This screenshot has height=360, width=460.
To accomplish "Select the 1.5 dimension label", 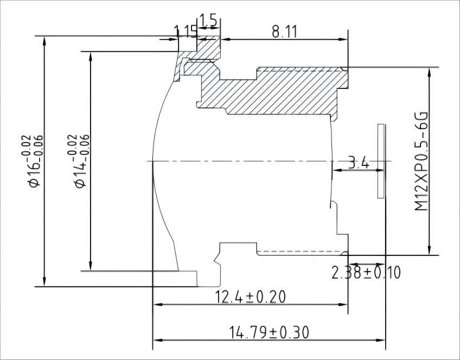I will click(x=208, y=21).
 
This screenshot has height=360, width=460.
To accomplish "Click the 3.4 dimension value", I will click(x=358, y=162).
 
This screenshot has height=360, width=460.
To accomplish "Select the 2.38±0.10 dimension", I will click(x=366, y=273).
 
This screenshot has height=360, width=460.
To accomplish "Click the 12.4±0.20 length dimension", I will click(x=251, y=297).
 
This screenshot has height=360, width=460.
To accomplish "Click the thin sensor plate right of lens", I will click(x=381, y=160).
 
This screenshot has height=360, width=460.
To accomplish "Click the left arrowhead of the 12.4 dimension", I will click(x=157, y=305).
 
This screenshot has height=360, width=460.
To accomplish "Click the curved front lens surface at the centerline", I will click(x=154, y=161).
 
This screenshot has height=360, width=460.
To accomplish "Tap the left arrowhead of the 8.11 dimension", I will click(x=225, y=39).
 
